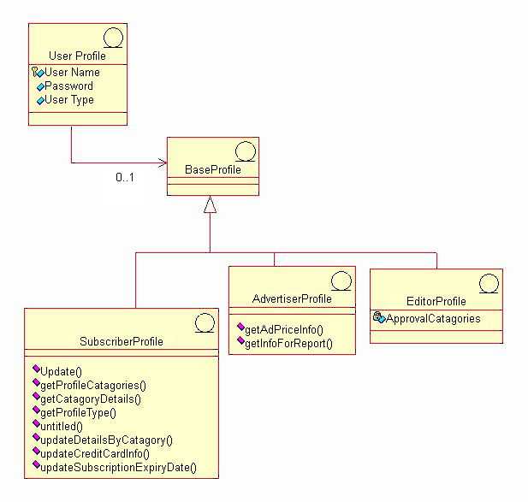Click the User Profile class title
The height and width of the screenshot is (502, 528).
tap(77, 56)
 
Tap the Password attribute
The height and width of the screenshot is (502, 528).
tap(68, 86)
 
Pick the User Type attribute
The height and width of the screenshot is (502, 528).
tap(69, 100)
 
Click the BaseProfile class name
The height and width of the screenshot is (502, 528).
tap(212, 170)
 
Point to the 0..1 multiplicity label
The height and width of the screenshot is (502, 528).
tap(126, 178)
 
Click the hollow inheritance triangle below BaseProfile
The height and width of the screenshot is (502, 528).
tap(211, 204)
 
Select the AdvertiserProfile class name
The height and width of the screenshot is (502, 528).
tap(292, 299)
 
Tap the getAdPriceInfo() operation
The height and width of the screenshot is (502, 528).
tap(286, 329)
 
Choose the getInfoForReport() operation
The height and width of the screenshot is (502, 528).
tap(289, 344)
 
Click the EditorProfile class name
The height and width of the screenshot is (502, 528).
tap(436, 301)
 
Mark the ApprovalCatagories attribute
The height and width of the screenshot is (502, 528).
tap(433, 319)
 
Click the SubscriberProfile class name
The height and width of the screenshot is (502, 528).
tap(121, 342)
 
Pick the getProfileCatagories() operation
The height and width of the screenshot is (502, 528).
tap(94, 385)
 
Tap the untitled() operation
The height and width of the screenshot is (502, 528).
tap(62, 426)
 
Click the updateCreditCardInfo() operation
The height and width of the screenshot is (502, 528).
tap(95, 453)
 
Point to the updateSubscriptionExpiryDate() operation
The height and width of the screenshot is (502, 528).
tap(119, 467)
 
